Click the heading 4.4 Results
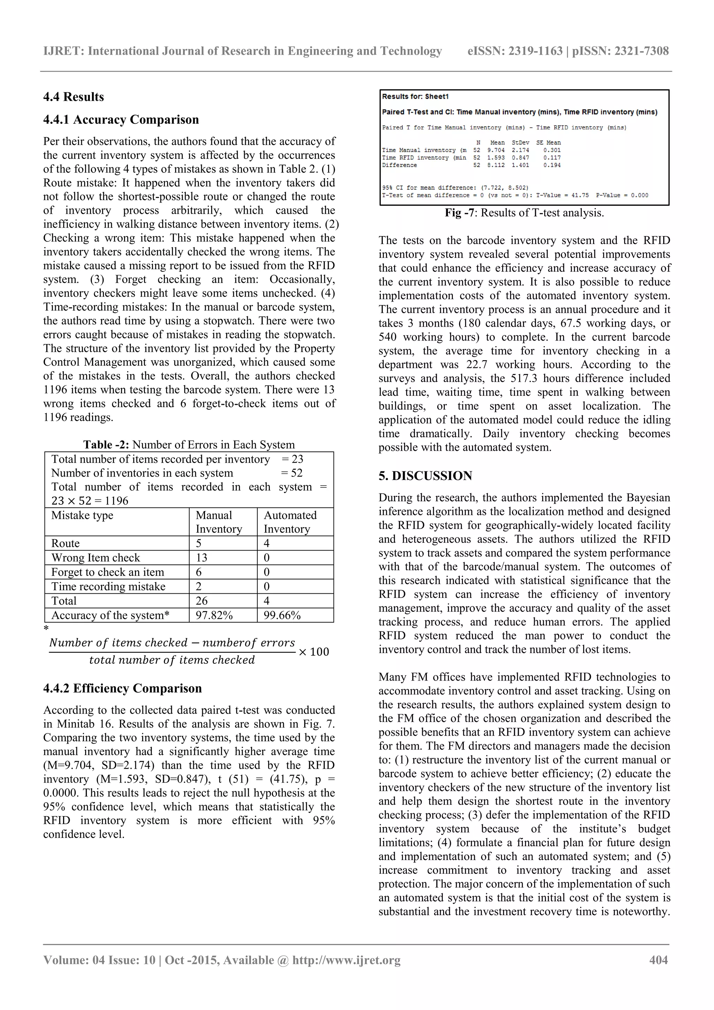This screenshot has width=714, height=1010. [74, 97]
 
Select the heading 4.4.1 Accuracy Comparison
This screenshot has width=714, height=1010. [121, 120]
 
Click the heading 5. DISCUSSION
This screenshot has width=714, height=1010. [425, 476]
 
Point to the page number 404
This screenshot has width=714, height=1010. [659, 960]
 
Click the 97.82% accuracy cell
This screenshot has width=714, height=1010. [214, 615]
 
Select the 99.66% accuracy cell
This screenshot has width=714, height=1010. [282, 615]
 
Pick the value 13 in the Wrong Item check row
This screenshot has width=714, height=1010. [202, 558]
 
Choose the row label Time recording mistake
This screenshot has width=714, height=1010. [108, 586]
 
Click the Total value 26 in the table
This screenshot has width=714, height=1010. [202, 601]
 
